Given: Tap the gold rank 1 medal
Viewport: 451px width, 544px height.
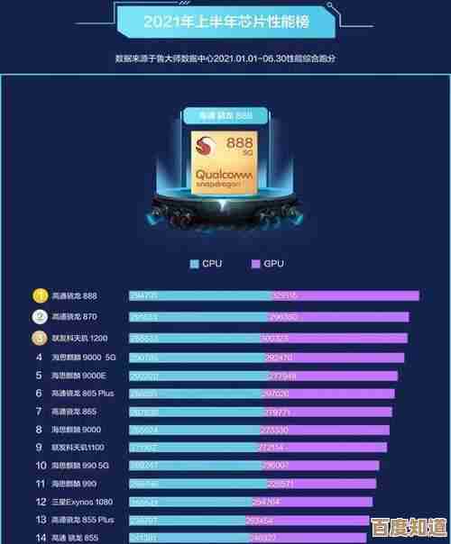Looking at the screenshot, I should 40,295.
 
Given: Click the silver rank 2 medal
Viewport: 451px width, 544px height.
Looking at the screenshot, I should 40,317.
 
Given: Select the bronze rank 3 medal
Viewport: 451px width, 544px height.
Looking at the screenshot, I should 40,338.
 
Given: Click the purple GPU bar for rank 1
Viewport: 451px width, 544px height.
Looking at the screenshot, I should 345,295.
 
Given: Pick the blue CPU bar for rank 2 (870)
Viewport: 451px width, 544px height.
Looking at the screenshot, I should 198,317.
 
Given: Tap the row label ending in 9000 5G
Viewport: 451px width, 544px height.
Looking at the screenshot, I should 83,358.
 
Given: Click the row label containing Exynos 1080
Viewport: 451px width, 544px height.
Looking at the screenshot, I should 83,501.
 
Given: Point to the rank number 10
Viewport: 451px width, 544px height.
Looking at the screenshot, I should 40,466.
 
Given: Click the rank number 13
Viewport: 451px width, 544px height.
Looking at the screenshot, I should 40,520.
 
